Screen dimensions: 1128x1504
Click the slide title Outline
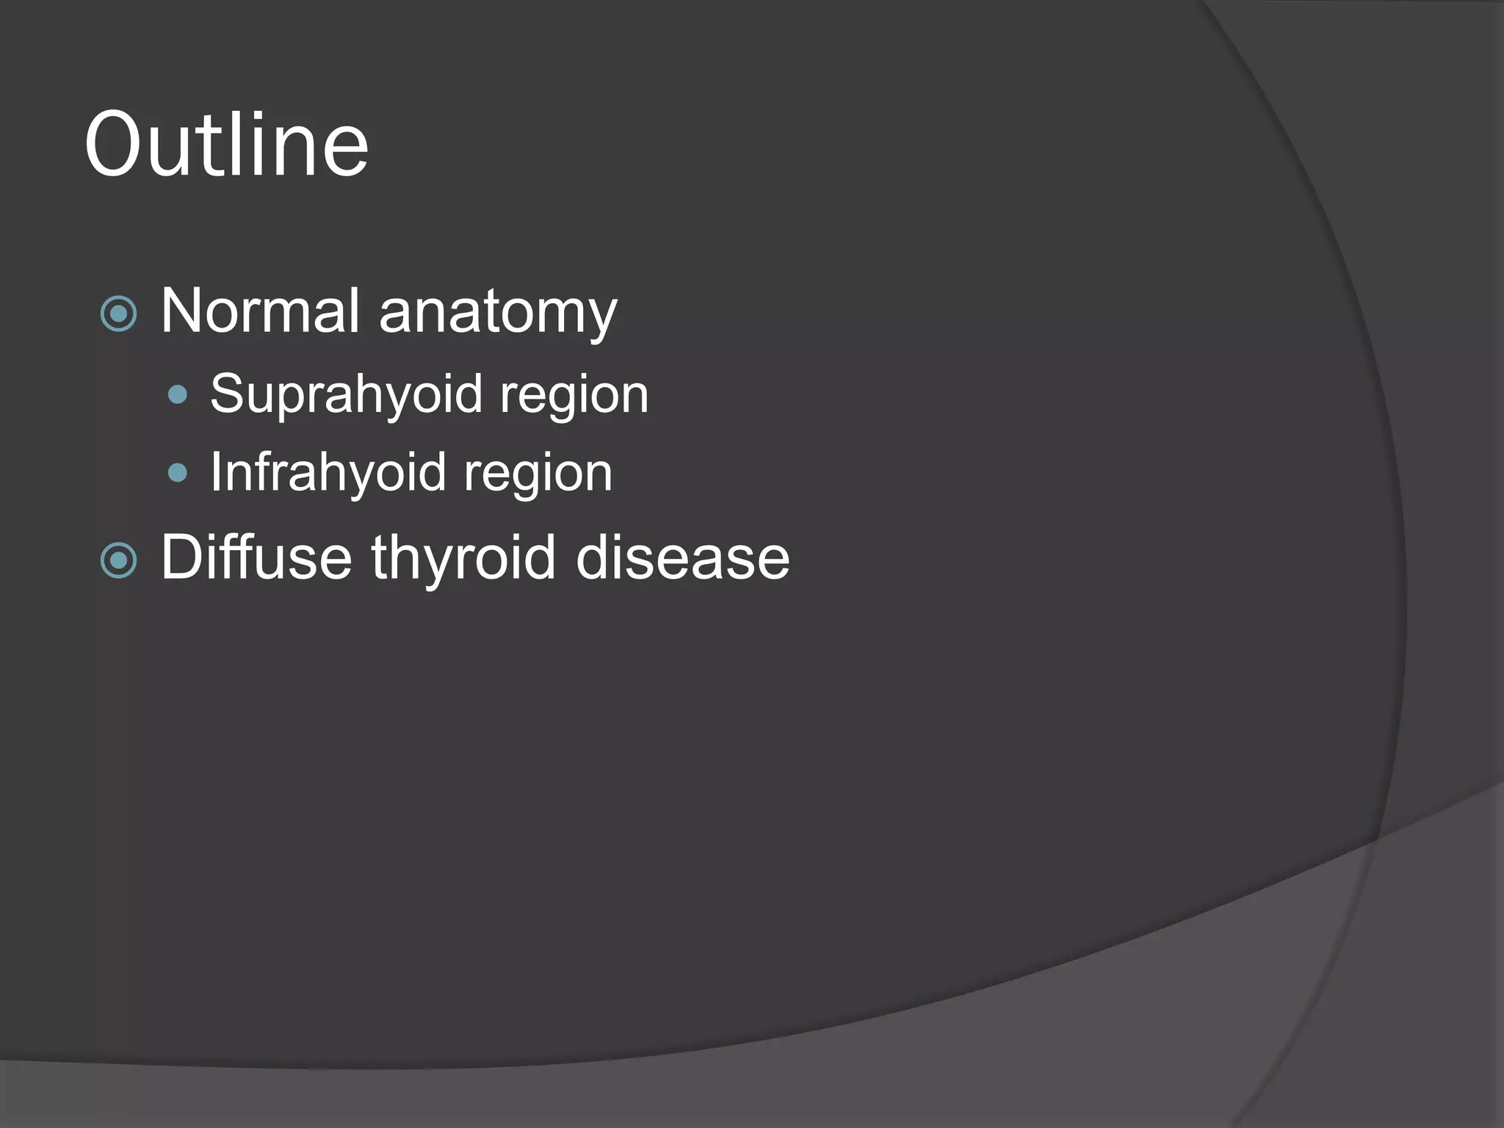[x=226, y=144]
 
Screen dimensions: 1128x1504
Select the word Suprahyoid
[x=345, y=395]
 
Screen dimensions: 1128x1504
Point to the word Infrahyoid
[x=328, y=472]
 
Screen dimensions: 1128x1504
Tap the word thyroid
[x=463, y=558]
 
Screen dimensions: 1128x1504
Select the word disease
[x=683, y=558]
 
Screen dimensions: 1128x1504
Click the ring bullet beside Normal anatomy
[x=118, y=314]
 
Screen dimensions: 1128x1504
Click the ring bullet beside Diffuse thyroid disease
[x=118, y=561]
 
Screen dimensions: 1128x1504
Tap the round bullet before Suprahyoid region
[x=178, y=396]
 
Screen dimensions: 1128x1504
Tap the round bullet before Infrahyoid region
[x=178, y=472]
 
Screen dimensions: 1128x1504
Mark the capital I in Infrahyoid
[x=216, y=471]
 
